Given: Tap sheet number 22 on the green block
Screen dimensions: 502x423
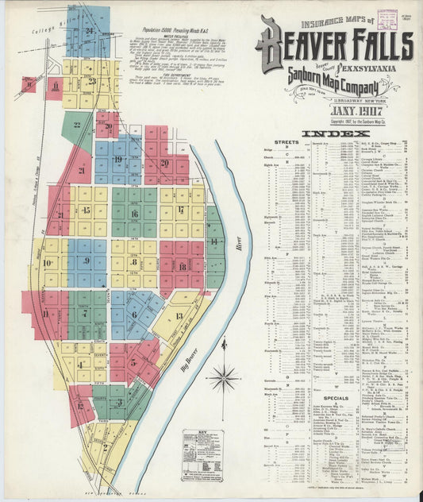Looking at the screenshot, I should (78, 125).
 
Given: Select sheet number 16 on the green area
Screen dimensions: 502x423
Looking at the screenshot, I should (134, 214).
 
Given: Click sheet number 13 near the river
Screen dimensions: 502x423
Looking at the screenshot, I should (179, 316).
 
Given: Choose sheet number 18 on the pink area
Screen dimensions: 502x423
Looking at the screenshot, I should (183, 266).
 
